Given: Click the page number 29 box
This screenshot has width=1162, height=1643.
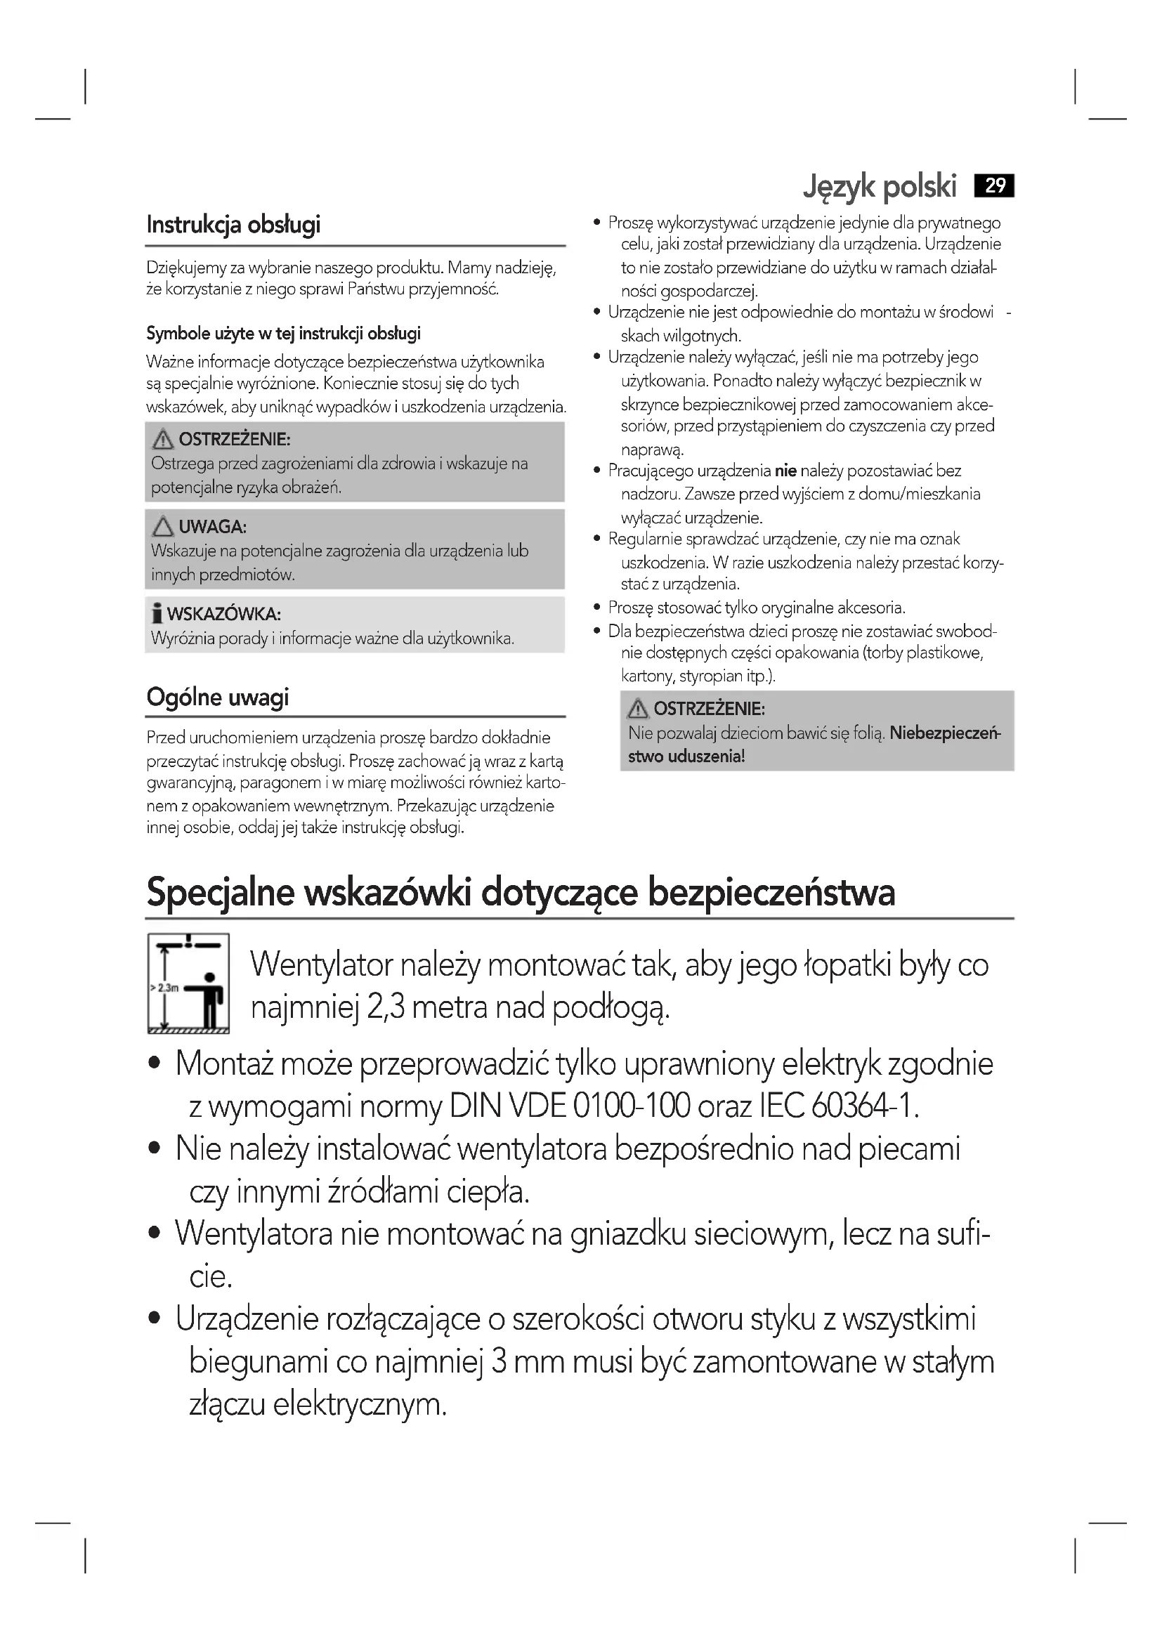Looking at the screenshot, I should click(x=995, y=186).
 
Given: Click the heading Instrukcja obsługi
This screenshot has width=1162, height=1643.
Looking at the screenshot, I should click(x=233, y=225).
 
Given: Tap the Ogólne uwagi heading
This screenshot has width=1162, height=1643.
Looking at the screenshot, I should click(x=218, y=697).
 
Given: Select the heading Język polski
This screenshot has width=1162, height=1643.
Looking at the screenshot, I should click(x=880, y=186).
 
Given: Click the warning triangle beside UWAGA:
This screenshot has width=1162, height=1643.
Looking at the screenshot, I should click(x=163, y=528).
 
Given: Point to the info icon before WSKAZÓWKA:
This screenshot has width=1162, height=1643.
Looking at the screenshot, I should click(x=157, y=614).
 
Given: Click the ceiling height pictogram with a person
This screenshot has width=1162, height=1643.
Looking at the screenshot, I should click(x=188, y=983).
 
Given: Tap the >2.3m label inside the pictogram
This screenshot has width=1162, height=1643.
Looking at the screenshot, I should click(x=164, y=988).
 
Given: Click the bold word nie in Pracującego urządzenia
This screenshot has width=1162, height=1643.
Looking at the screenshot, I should click(x=785, y=471).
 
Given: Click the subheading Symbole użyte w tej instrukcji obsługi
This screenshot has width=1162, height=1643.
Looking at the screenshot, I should click(x=283, y=334).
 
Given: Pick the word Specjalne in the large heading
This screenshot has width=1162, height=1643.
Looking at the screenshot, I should click(x=221, y=893).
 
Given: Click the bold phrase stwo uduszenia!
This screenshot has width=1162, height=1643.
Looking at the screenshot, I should click(x=686, y=757).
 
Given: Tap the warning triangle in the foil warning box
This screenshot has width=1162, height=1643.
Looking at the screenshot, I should click(x=637, y=709).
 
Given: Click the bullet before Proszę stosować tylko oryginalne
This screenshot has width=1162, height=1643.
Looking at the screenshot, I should click(x=596, y=608).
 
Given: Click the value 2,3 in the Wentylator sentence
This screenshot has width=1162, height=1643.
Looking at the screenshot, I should click(x=386, y=1007).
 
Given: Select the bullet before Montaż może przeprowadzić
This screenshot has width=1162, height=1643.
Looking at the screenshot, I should click(x=154, y=1064).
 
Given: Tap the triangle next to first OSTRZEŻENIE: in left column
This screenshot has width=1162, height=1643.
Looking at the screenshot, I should click(x=163, y=439).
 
